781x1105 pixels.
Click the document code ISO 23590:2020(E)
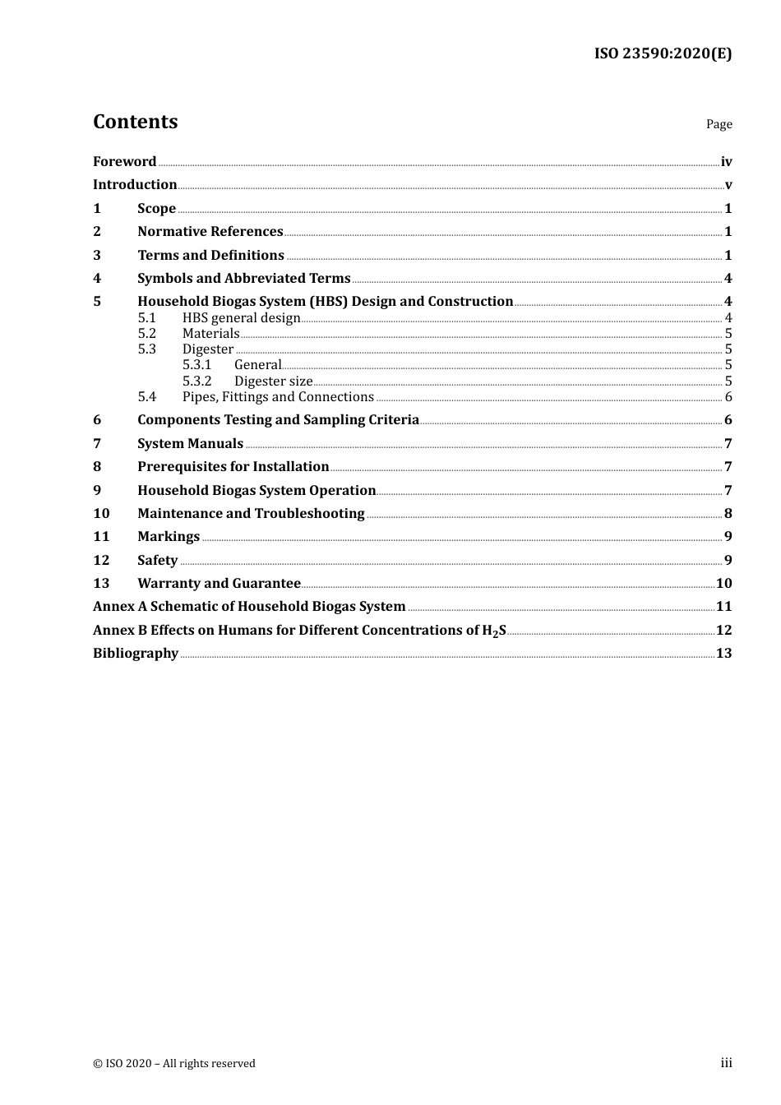(x=663, y=53)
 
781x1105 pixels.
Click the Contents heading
(x=135, y=122)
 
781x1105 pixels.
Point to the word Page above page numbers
(x=719, y=124)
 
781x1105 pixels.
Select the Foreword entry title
(x=124, y=161)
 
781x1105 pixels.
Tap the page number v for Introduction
(x=728, y=185)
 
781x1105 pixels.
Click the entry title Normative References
(x=210, y=232)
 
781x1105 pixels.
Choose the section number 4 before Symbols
(x=97, y=279)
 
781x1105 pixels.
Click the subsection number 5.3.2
(x=196, y=381)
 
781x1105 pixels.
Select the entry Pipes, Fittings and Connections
(x=278, y=397)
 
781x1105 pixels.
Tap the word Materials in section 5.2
(x=210, y=334)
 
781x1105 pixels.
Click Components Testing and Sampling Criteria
(x=278, y=420)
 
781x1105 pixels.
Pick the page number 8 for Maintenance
(x=728, y=514)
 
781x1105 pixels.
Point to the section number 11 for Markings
(x=101, y=537)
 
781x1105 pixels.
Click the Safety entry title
(x=157, y=561)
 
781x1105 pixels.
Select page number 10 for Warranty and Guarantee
(x=723, y=584)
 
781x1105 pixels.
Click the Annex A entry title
(x=249, y=607)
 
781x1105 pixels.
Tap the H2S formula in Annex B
(x=493, y=631)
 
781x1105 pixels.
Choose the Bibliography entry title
(x=136, y=654)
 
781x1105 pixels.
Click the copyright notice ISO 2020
(x=174, y=1063)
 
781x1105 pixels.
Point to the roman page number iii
(x=726, y=1063)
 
